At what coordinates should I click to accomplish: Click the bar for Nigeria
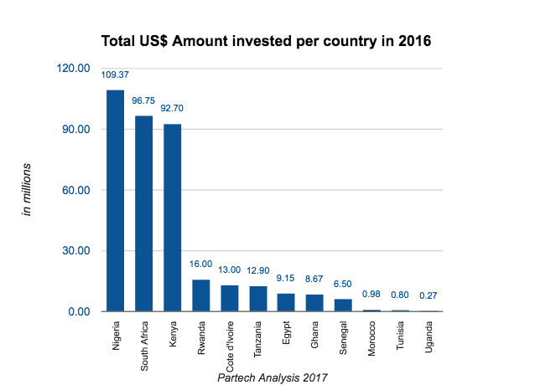[115, 201]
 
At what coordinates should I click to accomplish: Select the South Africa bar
[143, 213]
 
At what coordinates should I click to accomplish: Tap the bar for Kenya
[172, 218]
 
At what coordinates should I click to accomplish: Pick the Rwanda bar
[201, 295]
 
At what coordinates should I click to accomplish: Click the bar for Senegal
[344, 305]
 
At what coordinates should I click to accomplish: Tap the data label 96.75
[143, 101]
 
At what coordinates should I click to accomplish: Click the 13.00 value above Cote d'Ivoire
[230, 269]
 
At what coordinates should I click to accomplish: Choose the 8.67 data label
[315, 279]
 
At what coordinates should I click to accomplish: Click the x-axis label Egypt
[288, 332]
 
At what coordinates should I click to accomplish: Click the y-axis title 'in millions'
[28, 190]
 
